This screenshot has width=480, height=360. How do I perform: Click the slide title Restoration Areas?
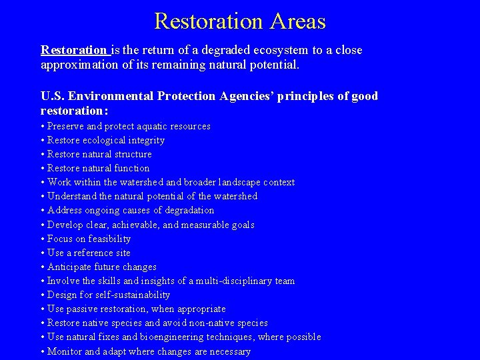240,21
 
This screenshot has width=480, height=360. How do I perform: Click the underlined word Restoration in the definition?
73,50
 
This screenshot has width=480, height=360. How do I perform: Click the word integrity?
145,140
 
